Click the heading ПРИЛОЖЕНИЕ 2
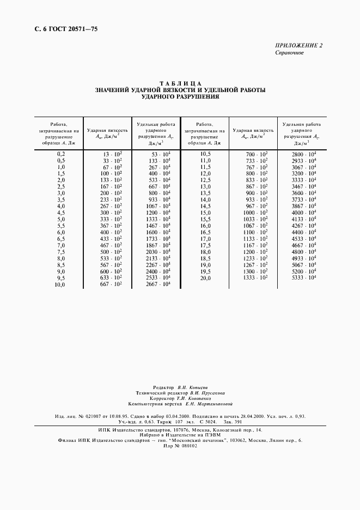click(299, 46)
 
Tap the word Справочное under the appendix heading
click(289, 53)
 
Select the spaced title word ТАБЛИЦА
click(180, 83)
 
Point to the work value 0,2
click(61, 154)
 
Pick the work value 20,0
click(205, 278)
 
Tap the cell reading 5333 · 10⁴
click(304, 277)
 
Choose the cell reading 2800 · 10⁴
click(304, 154)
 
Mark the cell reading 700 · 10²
click(257, 154)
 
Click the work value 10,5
click(205, 154)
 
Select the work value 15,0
click(205, 212)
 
